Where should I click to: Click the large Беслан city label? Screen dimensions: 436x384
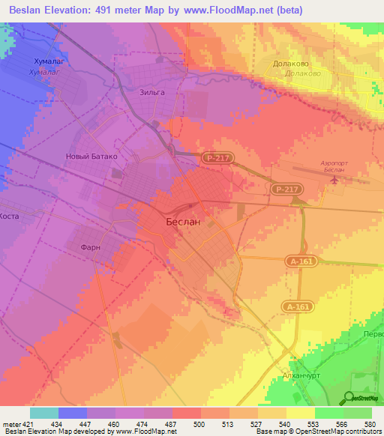(182, 222)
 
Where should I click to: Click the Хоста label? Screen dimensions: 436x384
(10, 216)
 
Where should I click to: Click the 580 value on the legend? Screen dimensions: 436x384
(369, 423)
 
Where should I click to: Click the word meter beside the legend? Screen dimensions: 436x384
(10, 423)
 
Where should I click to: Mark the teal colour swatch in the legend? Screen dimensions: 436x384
(43, 413)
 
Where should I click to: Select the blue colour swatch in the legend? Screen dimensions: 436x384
(72, 413)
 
